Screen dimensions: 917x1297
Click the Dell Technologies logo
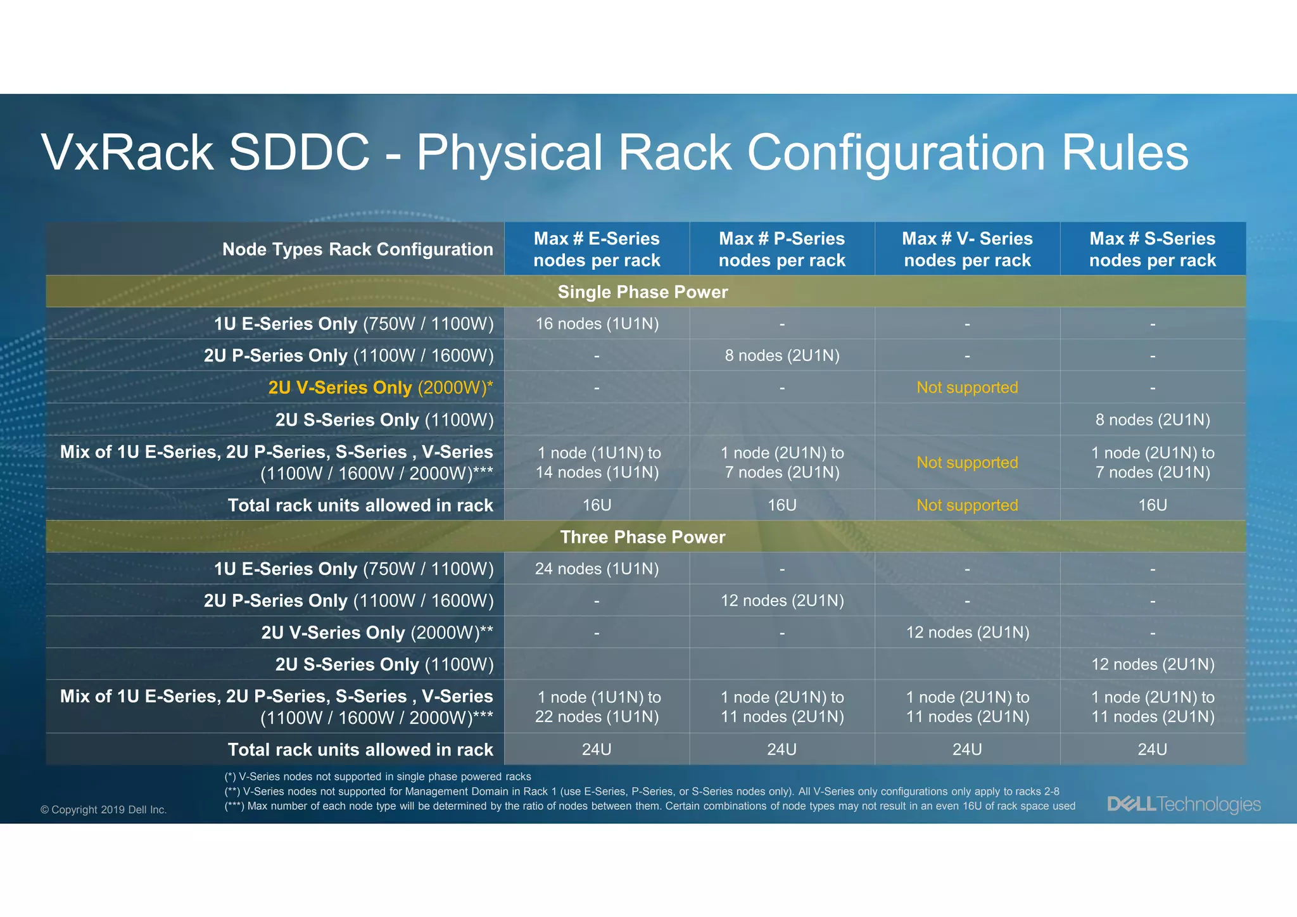click(1183, 804)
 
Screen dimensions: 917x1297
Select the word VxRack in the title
click(127, 153)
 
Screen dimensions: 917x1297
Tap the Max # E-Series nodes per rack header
click(597, 249)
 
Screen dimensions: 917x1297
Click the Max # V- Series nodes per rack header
click(967, 249)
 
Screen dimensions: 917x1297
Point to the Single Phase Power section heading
click(642, 292)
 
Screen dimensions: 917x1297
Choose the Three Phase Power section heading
click(642, 537)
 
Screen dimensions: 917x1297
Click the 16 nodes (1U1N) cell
click(597, 324)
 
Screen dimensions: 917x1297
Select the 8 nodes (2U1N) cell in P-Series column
click(781, 355)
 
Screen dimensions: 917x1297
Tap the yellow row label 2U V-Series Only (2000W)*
click(380, 388)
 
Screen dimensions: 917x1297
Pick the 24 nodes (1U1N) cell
click(597, 569)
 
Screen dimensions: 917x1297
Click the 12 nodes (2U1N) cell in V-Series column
click(967, 632)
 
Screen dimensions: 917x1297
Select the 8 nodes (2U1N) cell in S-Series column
click(1152, 420)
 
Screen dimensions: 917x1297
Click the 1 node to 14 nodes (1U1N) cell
click(597, 462)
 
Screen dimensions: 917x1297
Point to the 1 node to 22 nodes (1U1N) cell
click(597, 707)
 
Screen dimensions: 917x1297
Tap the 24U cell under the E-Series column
click(597, 749)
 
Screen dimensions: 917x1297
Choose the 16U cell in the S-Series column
click(1152, 505)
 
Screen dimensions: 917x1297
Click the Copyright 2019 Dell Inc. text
click(103, 809)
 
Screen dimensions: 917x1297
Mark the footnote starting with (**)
click(641, 791)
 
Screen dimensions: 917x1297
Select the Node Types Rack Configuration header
click(357, 249)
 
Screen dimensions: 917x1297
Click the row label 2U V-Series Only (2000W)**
click(377, 632)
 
